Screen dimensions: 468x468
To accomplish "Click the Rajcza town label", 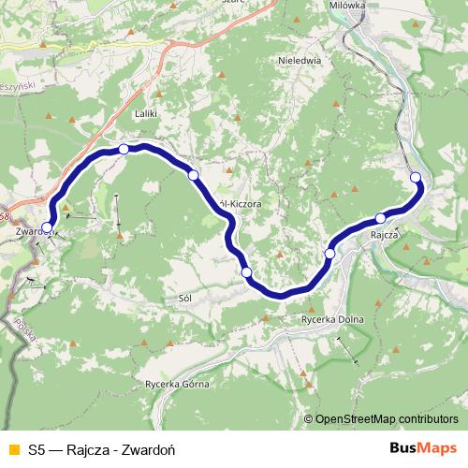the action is pos(385,235).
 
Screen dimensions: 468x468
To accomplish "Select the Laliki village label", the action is pos(145,114).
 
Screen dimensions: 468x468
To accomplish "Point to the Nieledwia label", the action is pos(300,58).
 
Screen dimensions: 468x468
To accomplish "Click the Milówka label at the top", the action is pos(372,6).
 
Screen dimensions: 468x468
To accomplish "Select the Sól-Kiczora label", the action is pos(238,202).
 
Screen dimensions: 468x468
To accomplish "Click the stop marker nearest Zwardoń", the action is pos(47,227).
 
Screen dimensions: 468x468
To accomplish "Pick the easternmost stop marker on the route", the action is pos(416,178).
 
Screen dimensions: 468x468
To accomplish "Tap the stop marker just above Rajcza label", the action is pos(380,219).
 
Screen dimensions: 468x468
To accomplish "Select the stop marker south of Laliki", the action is pos(124,149).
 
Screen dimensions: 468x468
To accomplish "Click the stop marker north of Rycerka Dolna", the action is pos(329,254).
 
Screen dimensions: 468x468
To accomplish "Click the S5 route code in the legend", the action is pos(37,449).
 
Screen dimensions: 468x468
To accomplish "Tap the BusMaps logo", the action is pos(422,449).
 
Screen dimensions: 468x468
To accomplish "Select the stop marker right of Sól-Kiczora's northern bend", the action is pos(193,175).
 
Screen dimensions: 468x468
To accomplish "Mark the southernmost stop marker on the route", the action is pos(247,272).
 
